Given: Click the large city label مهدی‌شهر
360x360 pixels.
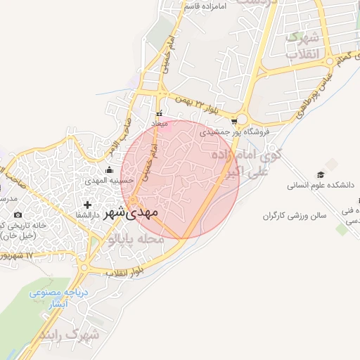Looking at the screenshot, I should (x=131, y=211).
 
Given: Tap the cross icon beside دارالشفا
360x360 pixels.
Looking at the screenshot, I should (x=87, y=205).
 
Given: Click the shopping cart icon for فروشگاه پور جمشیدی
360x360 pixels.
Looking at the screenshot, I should (x=233, y=120).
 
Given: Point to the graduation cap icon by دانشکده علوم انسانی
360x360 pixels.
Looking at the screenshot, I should (x=321, y=174).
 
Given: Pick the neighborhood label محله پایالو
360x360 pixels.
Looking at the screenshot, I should (x=137, y=240).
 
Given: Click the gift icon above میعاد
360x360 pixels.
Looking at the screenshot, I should (x=160, y=113).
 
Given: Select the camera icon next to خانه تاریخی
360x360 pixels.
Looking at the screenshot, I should (x=18, y=214).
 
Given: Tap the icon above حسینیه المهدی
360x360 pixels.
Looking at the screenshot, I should (x=108, y=169).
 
